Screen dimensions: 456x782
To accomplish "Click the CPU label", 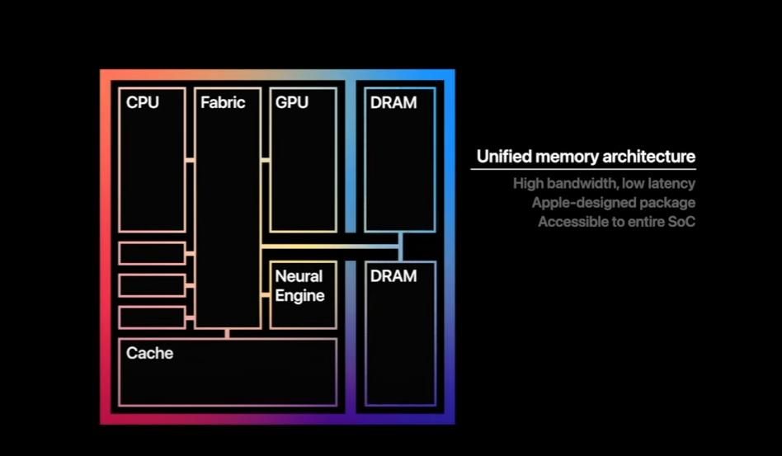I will tap(143, 103).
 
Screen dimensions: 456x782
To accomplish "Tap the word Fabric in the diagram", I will tap(223, 103).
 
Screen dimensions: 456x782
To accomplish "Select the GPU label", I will tap(292, 103).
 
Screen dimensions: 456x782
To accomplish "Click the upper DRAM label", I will tap(393, 103).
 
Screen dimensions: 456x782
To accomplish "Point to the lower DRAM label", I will tap(393, 276).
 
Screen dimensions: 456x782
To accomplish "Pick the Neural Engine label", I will tap(299, 286).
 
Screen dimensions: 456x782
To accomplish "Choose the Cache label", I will tap(149, 354).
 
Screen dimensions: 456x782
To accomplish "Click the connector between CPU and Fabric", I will tap(190, 160).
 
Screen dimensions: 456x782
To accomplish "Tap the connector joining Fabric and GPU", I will tap(266, 160).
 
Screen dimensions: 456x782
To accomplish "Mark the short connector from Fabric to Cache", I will tap(228, 333).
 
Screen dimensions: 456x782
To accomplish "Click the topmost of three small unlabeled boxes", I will tap(152, 253).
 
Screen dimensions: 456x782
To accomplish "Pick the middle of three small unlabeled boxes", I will tap(152, 285).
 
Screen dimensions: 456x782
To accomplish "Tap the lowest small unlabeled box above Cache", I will tap(152, 317).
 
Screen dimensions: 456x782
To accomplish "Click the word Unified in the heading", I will tap(503, 157).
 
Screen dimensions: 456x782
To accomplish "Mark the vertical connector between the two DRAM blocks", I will tap(400, 246).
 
